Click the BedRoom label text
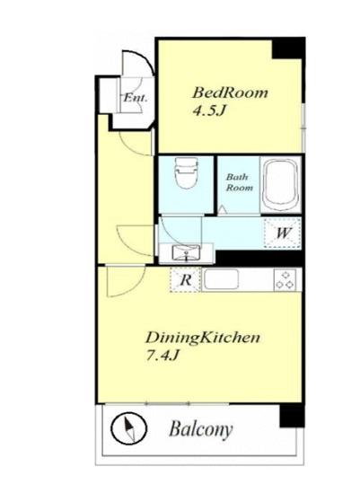click(x=230, y=92)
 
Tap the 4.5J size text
click(x=209, y=111)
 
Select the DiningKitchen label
click(x=203, y=338)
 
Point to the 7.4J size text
click(x=162, y=356)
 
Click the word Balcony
click(x=201, y=429)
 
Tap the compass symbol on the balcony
click(x=129, y=428)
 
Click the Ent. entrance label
click(x=136, y=98)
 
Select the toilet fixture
click(x=187, y=172)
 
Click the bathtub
click(x=280, y=186)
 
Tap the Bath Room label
click(x=240, y=182)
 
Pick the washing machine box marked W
click(x=282, y=233)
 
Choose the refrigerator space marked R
click(x=186, y=279)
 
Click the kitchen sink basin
click(x=221, y=279)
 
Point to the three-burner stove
click(x=285, y=280)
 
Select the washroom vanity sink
click(x=186, y=253)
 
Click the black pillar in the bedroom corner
click(x=288, y=48)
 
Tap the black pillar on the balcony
click(x=292, y=416)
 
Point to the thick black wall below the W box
click(x=259, y=258)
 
